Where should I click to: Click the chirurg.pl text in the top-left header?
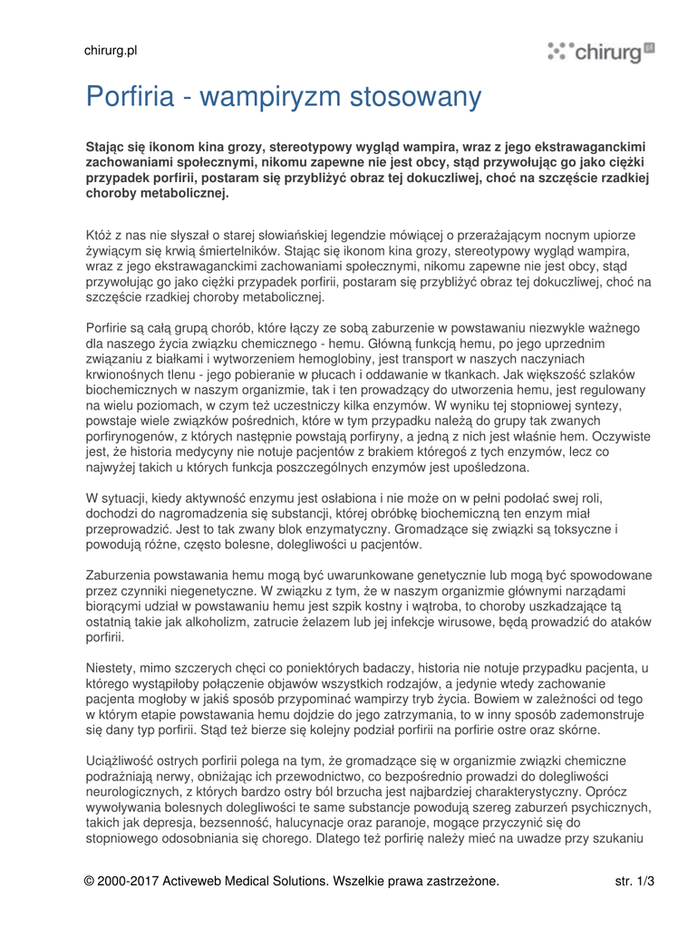111,52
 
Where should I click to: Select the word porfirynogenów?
128,436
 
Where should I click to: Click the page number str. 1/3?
634,880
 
